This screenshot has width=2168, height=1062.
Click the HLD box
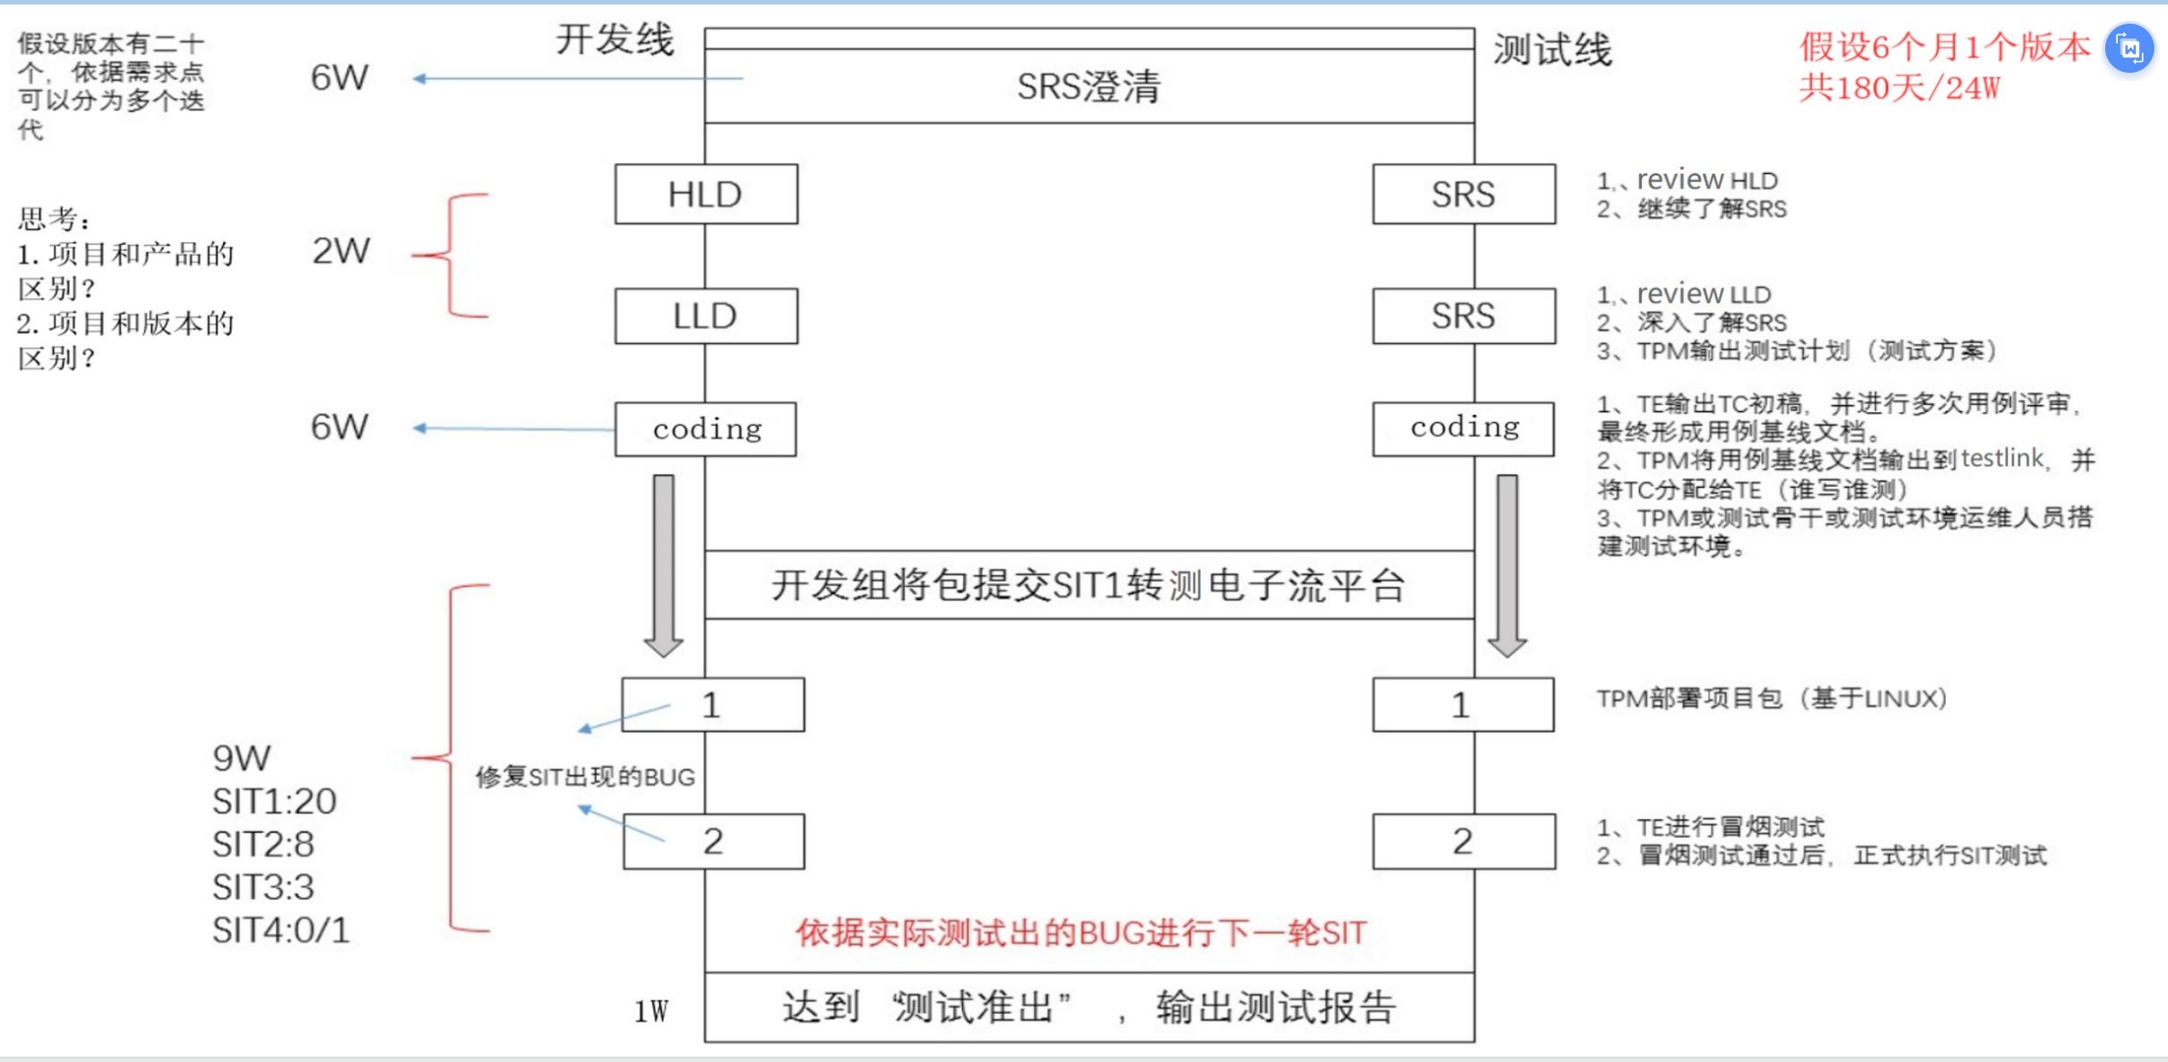(x=705, y=194)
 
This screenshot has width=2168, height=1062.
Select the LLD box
(x=705, y=316)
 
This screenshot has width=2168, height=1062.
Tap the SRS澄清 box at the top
(x=1089, y=86)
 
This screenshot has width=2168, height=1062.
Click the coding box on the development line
(x=705, y=429)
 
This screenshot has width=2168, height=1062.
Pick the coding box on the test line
(x=1464, y=428)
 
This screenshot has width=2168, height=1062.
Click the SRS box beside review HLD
(x=1464, y=194)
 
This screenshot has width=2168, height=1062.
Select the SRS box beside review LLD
(x=1464, y=316)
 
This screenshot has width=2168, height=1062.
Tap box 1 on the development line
(x=713, y=704)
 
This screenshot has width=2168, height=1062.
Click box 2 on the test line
(x=1464, y=841)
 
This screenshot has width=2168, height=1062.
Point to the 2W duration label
(x=341, y=251)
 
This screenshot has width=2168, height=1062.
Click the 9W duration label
(x=241, y=758)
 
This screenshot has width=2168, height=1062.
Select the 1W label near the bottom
(x=651, y=1011)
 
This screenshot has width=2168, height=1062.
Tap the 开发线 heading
(x=615, y=40)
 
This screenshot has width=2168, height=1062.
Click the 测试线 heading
(x=1552, y=50)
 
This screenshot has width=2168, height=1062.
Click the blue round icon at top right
(x=2130, y=48)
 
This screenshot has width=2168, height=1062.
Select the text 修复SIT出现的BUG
(x=585, y=776)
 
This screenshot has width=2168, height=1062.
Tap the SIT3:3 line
(x=263, y=887)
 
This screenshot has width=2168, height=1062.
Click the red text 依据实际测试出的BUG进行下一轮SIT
(x=1081, y=933)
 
